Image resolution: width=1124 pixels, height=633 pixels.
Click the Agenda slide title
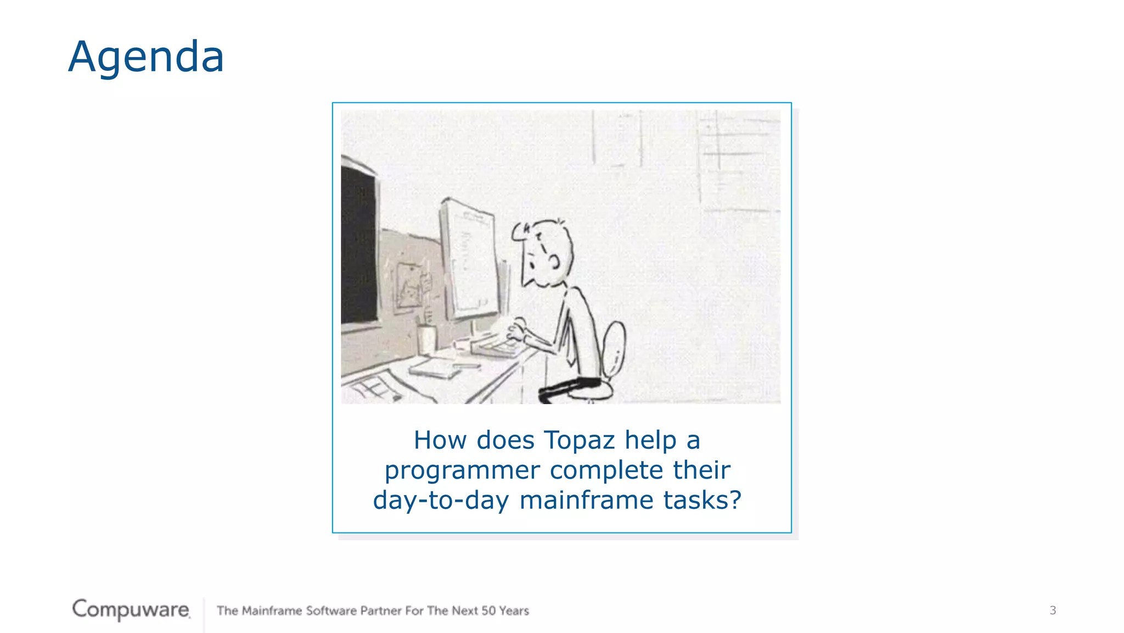[x=146, y=57]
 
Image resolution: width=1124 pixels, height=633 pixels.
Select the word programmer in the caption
[x=462, y=470]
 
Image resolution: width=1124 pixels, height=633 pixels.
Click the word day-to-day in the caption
[x=441, y=500]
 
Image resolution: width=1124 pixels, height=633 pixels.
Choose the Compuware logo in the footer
[x=131, y=609]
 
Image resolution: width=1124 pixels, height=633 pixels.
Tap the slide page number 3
[x=1053, y=610]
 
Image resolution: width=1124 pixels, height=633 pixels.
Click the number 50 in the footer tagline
[x=488, y=610]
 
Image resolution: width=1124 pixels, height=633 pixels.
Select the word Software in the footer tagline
[x=331, y=610]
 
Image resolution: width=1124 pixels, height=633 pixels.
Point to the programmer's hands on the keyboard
[x=516, y=330]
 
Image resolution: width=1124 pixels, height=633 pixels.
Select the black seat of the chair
[x=571, y=388]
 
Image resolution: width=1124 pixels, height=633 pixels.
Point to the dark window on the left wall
[x=358, y=247]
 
